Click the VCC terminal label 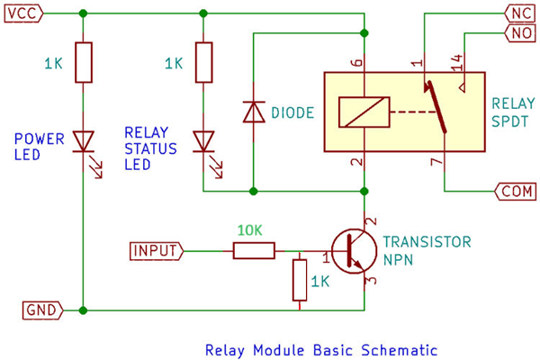coord(23,13)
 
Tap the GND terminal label coord(42,310)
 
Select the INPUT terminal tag coord(157,251)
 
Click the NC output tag coord(520,13)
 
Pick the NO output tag coord(520,33)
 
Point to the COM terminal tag coord(515,191)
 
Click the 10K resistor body coord(254,250)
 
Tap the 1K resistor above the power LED coord(84,62)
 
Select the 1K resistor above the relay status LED coord(204,62)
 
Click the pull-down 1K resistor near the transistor coord(300,281)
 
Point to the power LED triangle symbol coord(84,141)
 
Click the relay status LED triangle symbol coord(203,141)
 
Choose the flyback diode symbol coord(254,112)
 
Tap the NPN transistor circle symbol coord(354,251)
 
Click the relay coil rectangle coord(364,112)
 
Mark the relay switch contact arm coord(436,107)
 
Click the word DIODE coord(292,112)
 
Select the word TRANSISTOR coord(427,242)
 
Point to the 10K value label coord(250,230)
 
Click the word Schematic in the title coord(399,350)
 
